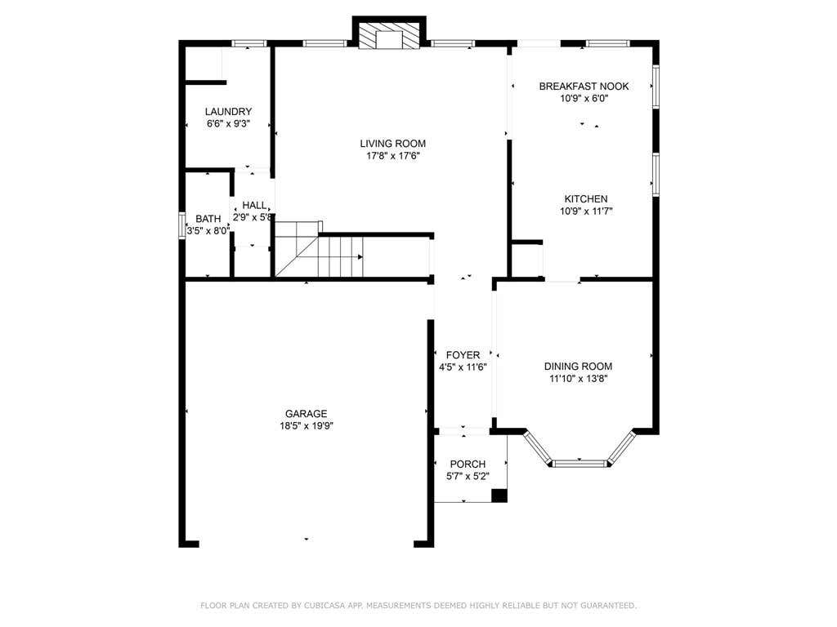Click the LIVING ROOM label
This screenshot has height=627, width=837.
(393, 144)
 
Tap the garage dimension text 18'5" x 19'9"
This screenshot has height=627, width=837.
(307, 426)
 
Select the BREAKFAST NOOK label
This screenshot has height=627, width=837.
(584, 87)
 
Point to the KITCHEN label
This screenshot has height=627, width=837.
(586, 199)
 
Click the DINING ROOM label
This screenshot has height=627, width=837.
(578, 367)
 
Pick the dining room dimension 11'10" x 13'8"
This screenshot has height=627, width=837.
(579, 379)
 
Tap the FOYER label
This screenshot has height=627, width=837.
(463, 355)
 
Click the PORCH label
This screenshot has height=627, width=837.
(468, 465)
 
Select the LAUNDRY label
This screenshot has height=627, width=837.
(229, 111)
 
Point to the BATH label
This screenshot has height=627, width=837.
(208, 219)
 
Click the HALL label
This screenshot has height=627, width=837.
(254, 205)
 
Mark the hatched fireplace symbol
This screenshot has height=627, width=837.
(388, 36)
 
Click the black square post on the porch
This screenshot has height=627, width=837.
(499, 496)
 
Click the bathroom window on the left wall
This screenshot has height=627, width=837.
(181, 225)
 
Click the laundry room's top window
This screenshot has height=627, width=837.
(248, 44)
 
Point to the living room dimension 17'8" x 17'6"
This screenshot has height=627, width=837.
(393, 156)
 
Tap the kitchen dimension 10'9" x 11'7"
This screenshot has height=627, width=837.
(586, 211)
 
